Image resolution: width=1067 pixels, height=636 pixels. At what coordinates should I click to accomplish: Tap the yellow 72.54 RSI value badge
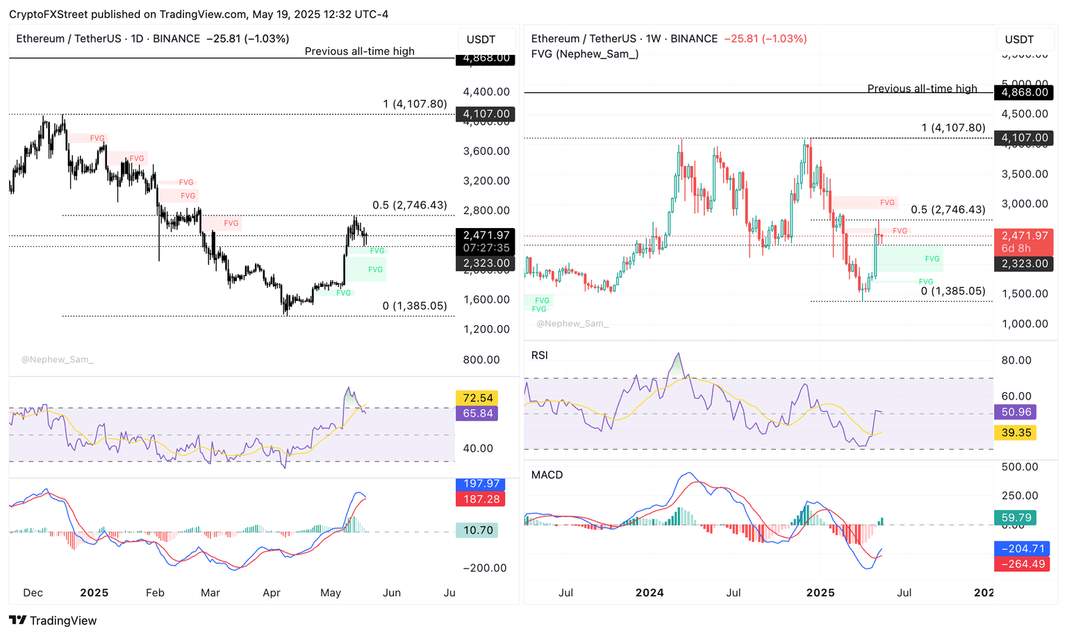[x=478, y=398]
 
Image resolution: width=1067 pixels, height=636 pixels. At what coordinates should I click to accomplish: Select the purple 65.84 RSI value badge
[x=478, y=414]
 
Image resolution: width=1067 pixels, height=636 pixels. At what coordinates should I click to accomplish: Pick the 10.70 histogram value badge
[x=478, y=530]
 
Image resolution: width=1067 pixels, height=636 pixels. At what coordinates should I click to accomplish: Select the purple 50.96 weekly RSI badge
[x=1016, y=412]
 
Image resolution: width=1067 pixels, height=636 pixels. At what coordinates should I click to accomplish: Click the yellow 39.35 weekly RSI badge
[x=1016, y=433]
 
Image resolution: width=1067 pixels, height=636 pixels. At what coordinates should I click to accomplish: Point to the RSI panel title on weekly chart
[x=539, y=355]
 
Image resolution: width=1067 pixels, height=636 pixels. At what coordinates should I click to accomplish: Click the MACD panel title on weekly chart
[x=547, y=475]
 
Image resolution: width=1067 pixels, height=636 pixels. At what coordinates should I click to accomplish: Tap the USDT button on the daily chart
[x=481, y=40]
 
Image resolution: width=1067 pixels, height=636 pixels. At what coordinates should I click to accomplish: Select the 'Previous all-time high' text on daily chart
[x=359, y=51]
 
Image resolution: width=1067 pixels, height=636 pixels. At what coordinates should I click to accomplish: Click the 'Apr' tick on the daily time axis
[x=272, y=593]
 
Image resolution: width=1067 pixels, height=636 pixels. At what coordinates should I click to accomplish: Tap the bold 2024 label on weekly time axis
[x=650, y=593]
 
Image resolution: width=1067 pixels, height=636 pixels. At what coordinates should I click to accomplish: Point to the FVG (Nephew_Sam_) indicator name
[x=585, y=54]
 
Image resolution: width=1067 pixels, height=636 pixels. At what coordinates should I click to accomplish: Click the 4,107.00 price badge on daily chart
[x=486, y=114]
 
